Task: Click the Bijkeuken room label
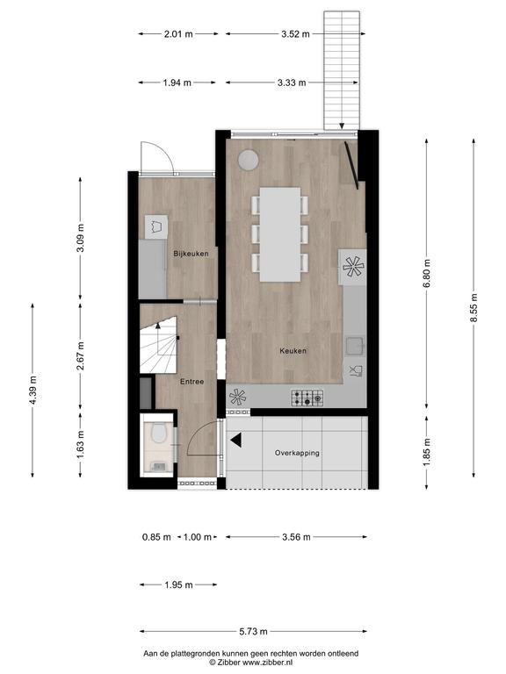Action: [191, 254]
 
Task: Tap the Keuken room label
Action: [293, 351]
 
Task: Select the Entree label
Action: [192, 381]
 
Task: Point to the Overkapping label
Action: [297, 453]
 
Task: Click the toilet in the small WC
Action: [159, 434]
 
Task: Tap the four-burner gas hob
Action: [307, 398]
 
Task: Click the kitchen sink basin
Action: [356, 346]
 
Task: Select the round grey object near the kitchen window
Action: [249, 160]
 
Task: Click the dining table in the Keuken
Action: [280, 234]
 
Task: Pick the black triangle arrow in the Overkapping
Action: [236, 440]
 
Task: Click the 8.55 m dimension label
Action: [473, 308]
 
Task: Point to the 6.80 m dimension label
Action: [427, 274]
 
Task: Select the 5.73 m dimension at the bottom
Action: [253, 632]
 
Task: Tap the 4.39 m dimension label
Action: [33, 390]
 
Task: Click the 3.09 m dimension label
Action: [81, 238]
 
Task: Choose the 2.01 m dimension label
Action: [178, 34]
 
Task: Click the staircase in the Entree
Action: [158, 345]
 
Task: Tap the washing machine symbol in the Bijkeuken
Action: [155, 226]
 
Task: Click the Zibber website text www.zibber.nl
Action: [268, 663]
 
